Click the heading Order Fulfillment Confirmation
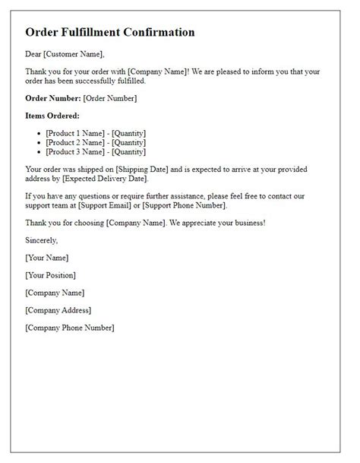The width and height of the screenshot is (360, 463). pyautogui.click(x=109, y=33)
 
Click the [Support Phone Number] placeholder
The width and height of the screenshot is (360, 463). pyautogui.click(x=189, y=205)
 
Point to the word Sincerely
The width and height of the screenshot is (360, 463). pyautogui.click(x=41, y=240)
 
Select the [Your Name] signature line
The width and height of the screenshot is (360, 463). pyautogui.click(x=46, y=258)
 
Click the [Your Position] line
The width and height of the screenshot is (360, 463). pyautogui.click(x=50, y=274)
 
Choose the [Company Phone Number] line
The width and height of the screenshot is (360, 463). pyautogui.click(x=69, y=328)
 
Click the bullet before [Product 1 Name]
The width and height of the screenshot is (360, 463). pyautogui.click(x=39, y=134)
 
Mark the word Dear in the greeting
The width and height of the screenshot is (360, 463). pyautogui.click(x=34, y=54)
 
